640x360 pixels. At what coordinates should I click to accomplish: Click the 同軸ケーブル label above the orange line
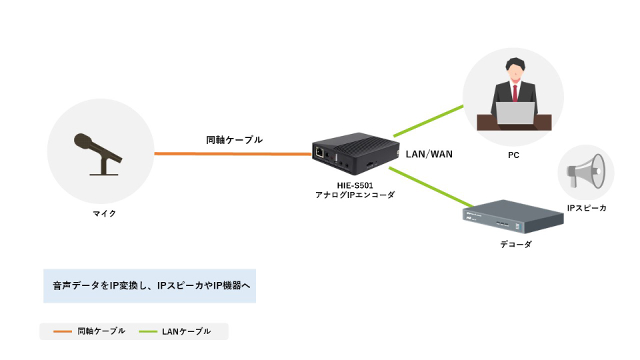click(234, 141)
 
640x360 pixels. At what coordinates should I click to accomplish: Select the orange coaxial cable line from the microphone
click(233, 154)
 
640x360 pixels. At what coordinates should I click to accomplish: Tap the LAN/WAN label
click(429, 155)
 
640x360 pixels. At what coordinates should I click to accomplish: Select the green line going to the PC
click(427, 120)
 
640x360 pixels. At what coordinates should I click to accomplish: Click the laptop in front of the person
click(513, 114)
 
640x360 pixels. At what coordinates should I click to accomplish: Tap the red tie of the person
click(513, 90)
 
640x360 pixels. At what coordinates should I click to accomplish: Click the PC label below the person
click(513, 155)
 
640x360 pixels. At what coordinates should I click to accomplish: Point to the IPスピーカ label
click(587, 208)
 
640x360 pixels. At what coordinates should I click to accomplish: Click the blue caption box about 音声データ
click(149, 285)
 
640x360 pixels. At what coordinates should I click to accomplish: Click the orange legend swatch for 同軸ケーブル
click(61, 331)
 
